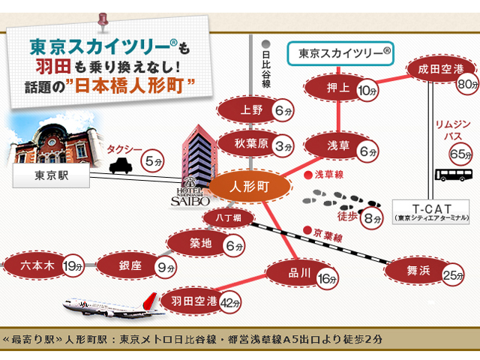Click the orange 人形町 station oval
coord(250,186)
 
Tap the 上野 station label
coord(251,110)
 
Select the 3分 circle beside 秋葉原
coord(283,146)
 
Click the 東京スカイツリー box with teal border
coord(340,53)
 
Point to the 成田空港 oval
coord(441,69)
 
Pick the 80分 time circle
coord(467,83)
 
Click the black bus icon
coord(454,175)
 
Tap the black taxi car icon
coord(121,166)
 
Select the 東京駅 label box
coord(51,175)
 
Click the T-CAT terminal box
coord(430,212)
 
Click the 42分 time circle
coord(230,303)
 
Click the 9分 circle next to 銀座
coord(166,268)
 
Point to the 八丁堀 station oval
coord(228,218)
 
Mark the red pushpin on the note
coord(103,22)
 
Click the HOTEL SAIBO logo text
coord(190,196)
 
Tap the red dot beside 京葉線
coord(307,230)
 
